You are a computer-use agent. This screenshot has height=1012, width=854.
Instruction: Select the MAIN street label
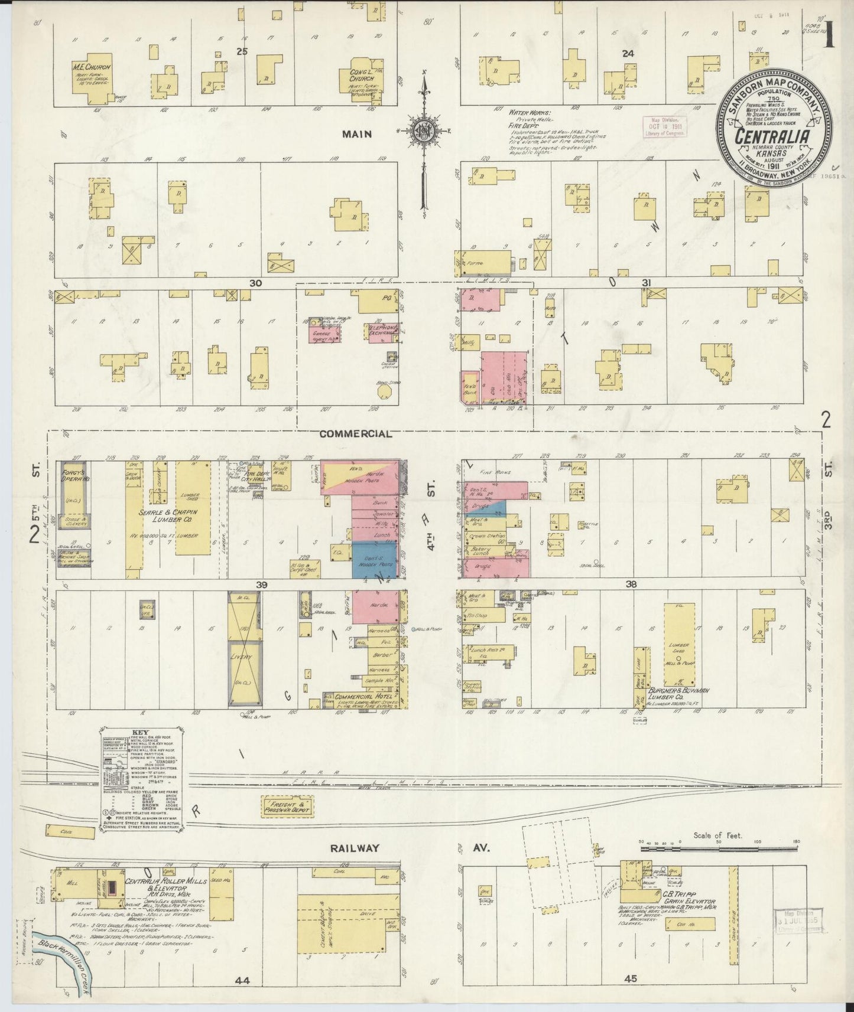(x=357, y=134)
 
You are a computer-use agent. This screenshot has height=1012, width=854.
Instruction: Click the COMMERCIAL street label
(x=355, y=434)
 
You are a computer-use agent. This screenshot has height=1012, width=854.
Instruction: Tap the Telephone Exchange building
(x=382, y=332)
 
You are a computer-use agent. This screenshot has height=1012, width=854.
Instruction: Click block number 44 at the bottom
(x=242, y=981)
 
